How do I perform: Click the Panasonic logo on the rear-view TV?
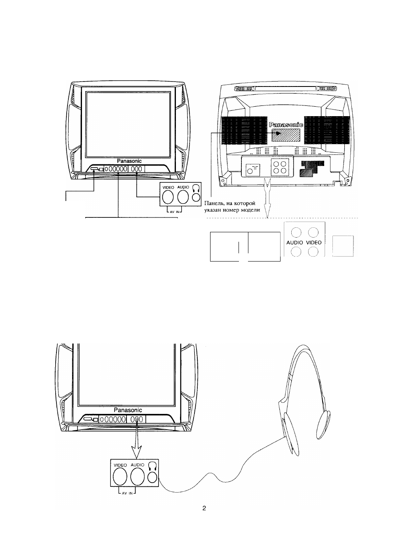(x=286, y=125)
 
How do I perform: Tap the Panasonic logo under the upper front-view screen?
(x=129, y=161)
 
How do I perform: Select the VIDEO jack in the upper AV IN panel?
(x=168, y=197)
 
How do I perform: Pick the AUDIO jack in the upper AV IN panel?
(x=183, y=197)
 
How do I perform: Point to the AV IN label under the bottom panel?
(x=127, y=493)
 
